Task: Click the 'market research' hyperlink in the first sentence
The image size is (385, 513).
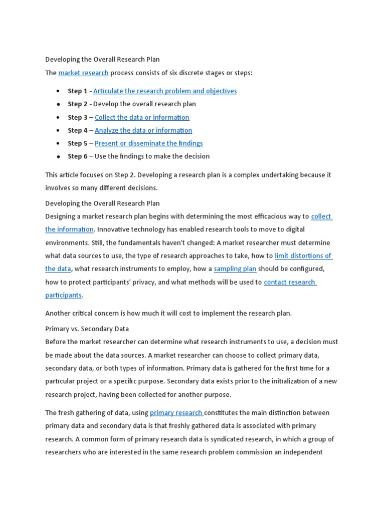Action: coord(83,73)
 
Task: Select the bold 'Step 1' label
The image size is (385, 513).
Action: coord(78,91)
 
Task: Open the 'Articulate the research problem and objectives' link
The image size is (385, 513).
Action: coord(165,91)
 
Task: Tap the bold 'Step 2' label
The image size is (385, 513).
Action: coord(78,104)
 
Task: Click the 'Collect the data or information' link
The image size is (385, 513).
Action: coord(142,117)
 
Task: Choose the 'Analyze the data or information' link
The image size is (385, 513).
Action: coord(143,130)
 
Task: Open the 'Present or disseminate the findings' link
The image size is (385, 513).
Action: coord(149,143)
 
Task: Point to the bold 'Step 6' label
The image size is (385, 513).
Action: coord(78,156)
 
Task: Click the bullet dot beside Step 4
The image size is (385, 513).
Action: coord(58,131)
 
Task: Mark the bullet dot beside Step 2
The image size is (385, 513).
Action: coord(58,105)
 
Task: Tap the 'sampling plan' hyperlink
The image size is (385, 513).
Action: coord(235,269)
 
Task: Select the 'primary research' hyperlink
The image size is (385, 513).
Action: coord(176,413)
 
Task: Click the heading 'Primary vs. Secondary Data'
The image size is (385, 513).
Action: coord(87,329)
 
